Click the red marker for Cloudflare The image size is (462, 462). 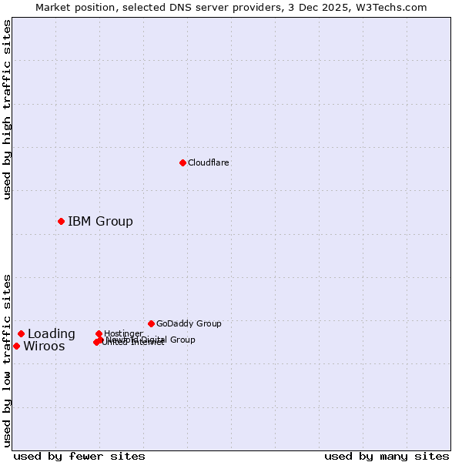coord(182,162)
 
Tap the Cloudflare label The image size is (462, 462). coord(209,162)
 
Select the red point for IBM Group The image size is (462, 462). coord(61,221)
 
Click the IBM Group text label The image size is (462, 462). coord(100,222)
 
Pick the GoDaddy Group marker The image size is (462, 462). coord(151,323)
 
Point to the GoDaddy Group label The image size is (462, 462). coord(189,323)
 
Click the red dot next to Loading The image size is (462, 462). coord(21,333)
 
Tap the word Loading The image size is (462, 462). coord(52,334)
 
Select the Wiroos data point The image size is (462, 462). coord(16,346)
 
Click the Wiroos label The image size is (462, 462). coord(44,346)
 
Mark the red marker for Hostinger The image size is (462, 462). coord(99,333)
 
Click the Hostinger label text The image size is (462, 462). coord(123,333)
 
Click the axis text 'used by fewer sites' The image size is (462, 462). coord(79,456)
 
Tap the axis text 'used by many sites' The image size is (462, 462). coord(387,456)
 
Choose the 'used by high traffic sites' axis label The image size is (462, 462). coord(7,110)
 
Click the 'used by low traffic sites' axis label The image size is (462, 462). coord(7,360)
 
